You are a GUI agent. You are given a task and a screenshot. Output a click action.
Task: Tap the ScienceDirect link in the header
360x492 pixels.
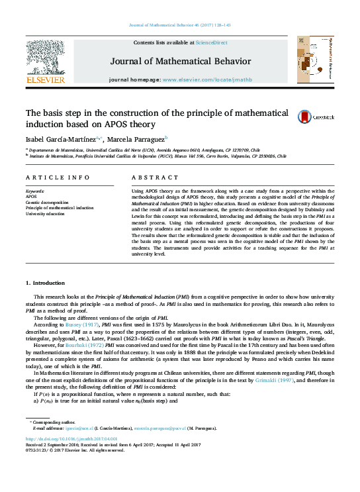212,42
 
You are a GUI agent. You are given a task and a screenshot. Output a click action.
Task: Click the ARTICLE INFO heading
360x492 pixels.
57,178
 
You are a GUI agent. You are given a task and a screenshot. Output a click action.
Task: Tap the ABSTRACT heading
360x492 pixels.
150,178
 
